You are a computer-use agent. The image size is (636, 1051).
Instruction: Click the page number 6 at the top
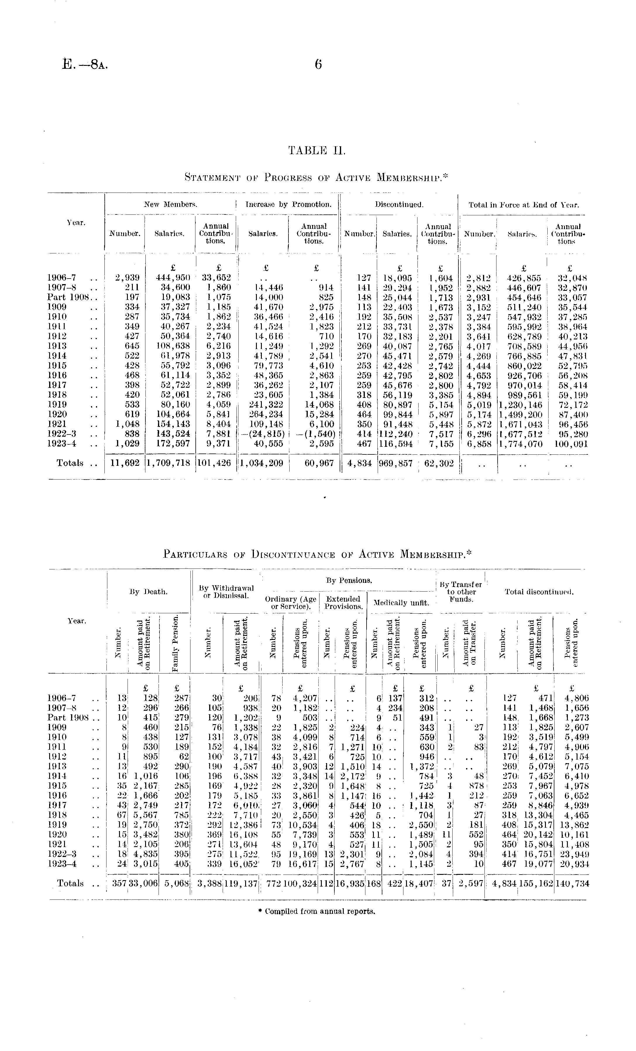pos(318,64)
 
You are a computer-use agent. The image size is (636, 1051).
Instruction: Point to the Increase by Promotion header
pos(288,205)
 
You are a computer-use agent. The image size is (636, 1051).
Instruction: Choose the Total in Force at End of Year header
pos(524,205)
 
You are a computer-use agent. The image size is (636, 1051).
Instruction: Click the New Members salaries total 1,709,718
pos(168,463)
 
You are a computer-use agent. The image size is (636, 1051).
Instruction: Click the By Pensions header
pos(349,581)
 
